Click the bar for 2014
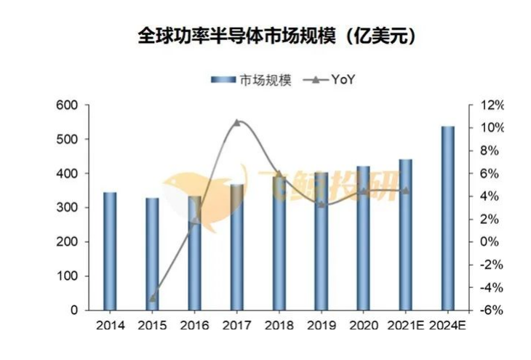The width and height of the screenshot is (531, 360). click(110, 251)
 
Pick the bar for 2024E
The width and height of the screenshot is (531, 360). click(448, 218)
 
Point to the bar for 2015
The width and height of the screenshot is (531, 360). click(152, 254)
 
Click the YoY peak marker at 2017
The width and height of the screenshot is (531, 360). click(237, 122)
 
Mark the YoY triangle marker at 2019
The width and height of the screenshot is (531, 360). click(322, 204)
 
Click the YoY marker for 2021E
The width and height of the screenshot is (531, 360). click(405, 191)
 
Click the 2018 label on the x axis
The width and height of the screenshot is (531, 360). click(279, 326)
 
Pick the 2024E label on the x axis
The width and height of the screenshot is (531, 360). click(448, 326)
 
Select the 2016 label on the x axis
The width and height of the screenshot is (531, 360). click(195, 326)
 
